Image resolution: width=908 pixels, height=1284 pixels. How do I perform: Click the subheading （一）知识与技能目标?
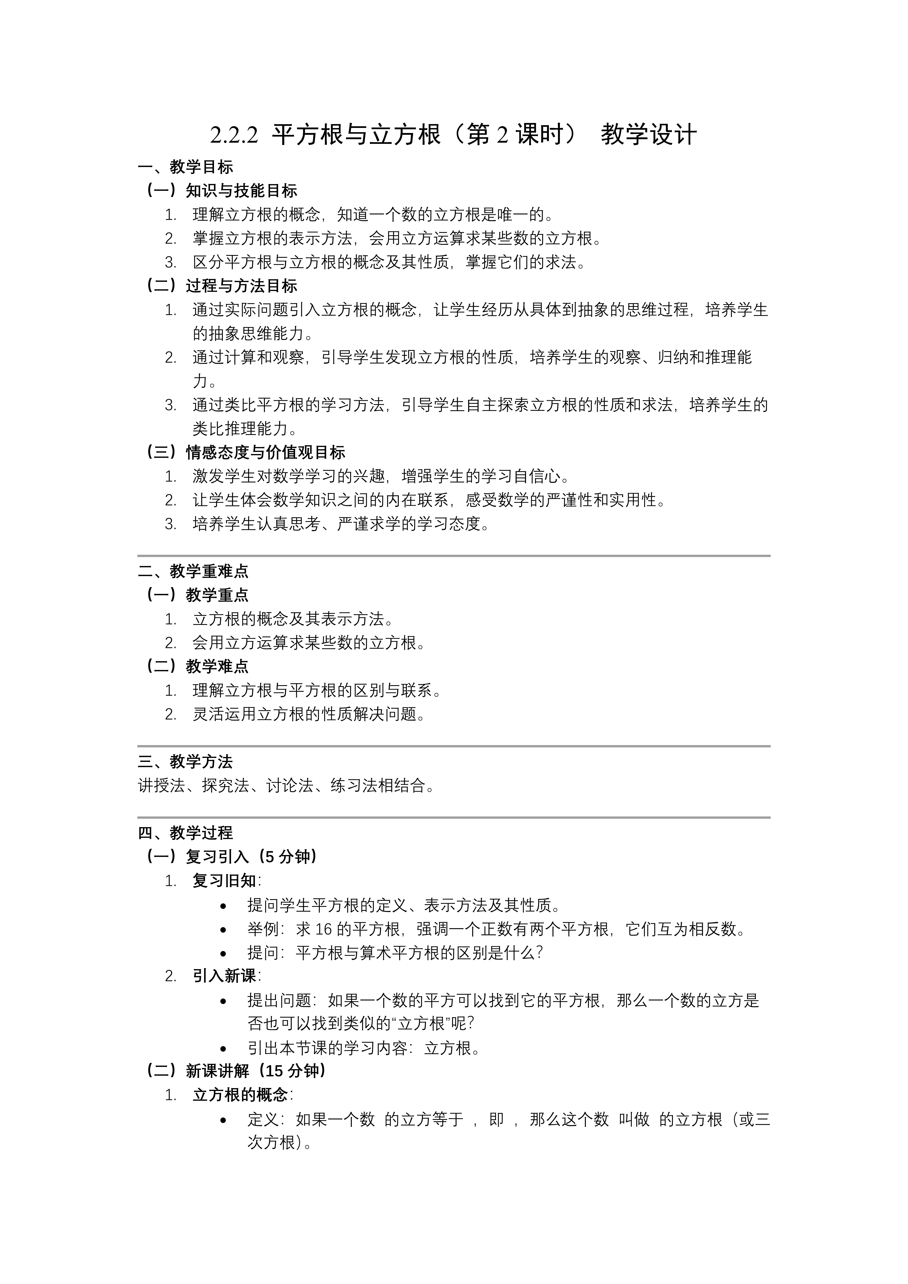coord(221,191)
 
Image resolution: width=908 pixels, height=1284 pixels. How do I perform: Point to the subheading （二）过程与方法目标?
coord(221,286)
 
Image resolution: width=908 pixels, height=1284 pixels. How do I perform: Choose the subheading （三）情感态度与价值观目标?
coord(245,452)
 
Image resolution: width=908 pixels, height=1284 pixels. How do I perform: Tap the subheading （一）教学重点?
coord(197,595)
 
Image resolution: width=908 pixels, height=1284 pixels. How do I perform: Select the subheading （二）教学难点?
coord(197,666)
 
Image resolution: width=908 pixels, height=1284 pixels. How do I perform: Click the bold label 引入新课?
coord(224,976)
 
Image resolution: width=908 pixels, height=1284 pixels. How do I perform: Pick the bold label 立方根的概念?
coord(240,1094)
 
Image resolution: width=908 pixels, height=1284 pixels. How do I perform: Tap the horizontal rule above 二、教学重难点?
coord(454,556)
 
